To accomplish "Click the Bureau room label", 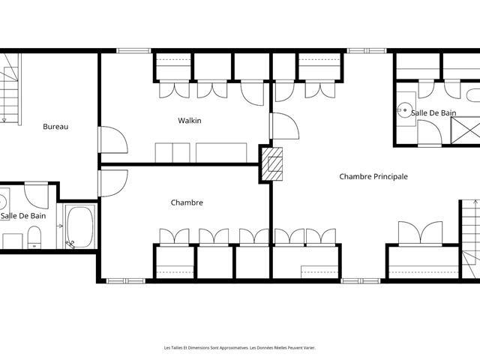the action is tap(55, 127).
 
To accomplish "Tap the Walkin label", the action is tap(190, 120).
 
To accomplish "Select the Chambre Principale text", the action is tap(373, 176).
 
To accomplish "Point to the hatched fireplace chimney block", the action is tap(271, 164).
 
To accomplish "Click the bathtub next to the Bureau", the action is tap(80, 226).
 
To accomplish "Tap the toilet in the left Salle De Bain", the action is tap(34, 237).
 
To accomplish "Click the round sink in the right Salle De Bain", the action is tap(405, 109).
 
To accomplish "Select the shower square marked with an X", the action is tap(465, 130).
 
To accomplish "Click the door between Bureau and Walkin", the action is tap(112, 139).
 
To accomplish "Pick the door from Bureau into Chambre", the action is tap(112, 183).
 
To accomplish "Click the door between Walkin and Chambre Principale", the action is tap(284, 126).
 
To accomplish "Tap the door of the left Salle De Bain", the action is tap(37, 195).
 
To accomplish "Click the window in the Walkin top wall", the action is tap(133, 51).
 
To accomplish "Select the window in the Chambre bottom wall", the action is tap(126, 280).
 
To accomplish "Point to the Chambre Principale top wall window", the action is tap(367, 51).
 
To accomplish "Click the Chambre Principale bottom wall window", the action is tap(361, 280).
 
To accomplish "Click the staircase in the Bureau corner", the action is tap(10, 88).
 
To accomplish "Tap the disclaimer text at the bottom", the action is tap(240, 348).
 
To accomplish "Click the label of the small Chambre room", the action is tap(187, 202).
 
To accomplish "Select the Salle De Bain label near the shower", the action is tap(433, 113).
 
